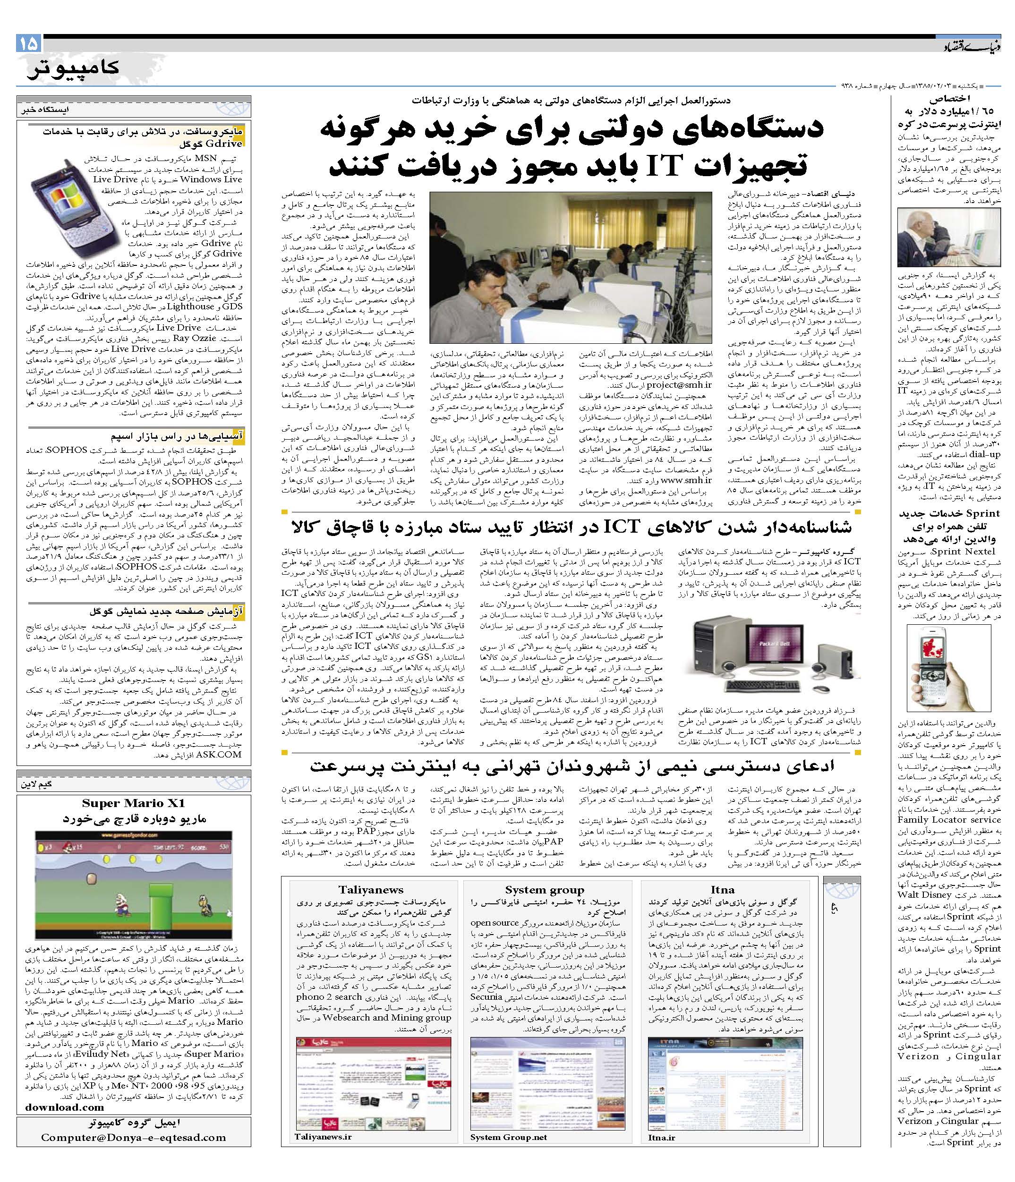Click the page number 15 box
(30, 43)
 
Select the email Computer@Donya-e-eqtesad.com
(134, 1137)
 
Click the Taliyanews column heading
(370, 889)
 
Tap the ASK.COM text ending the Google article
(219, 754)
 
